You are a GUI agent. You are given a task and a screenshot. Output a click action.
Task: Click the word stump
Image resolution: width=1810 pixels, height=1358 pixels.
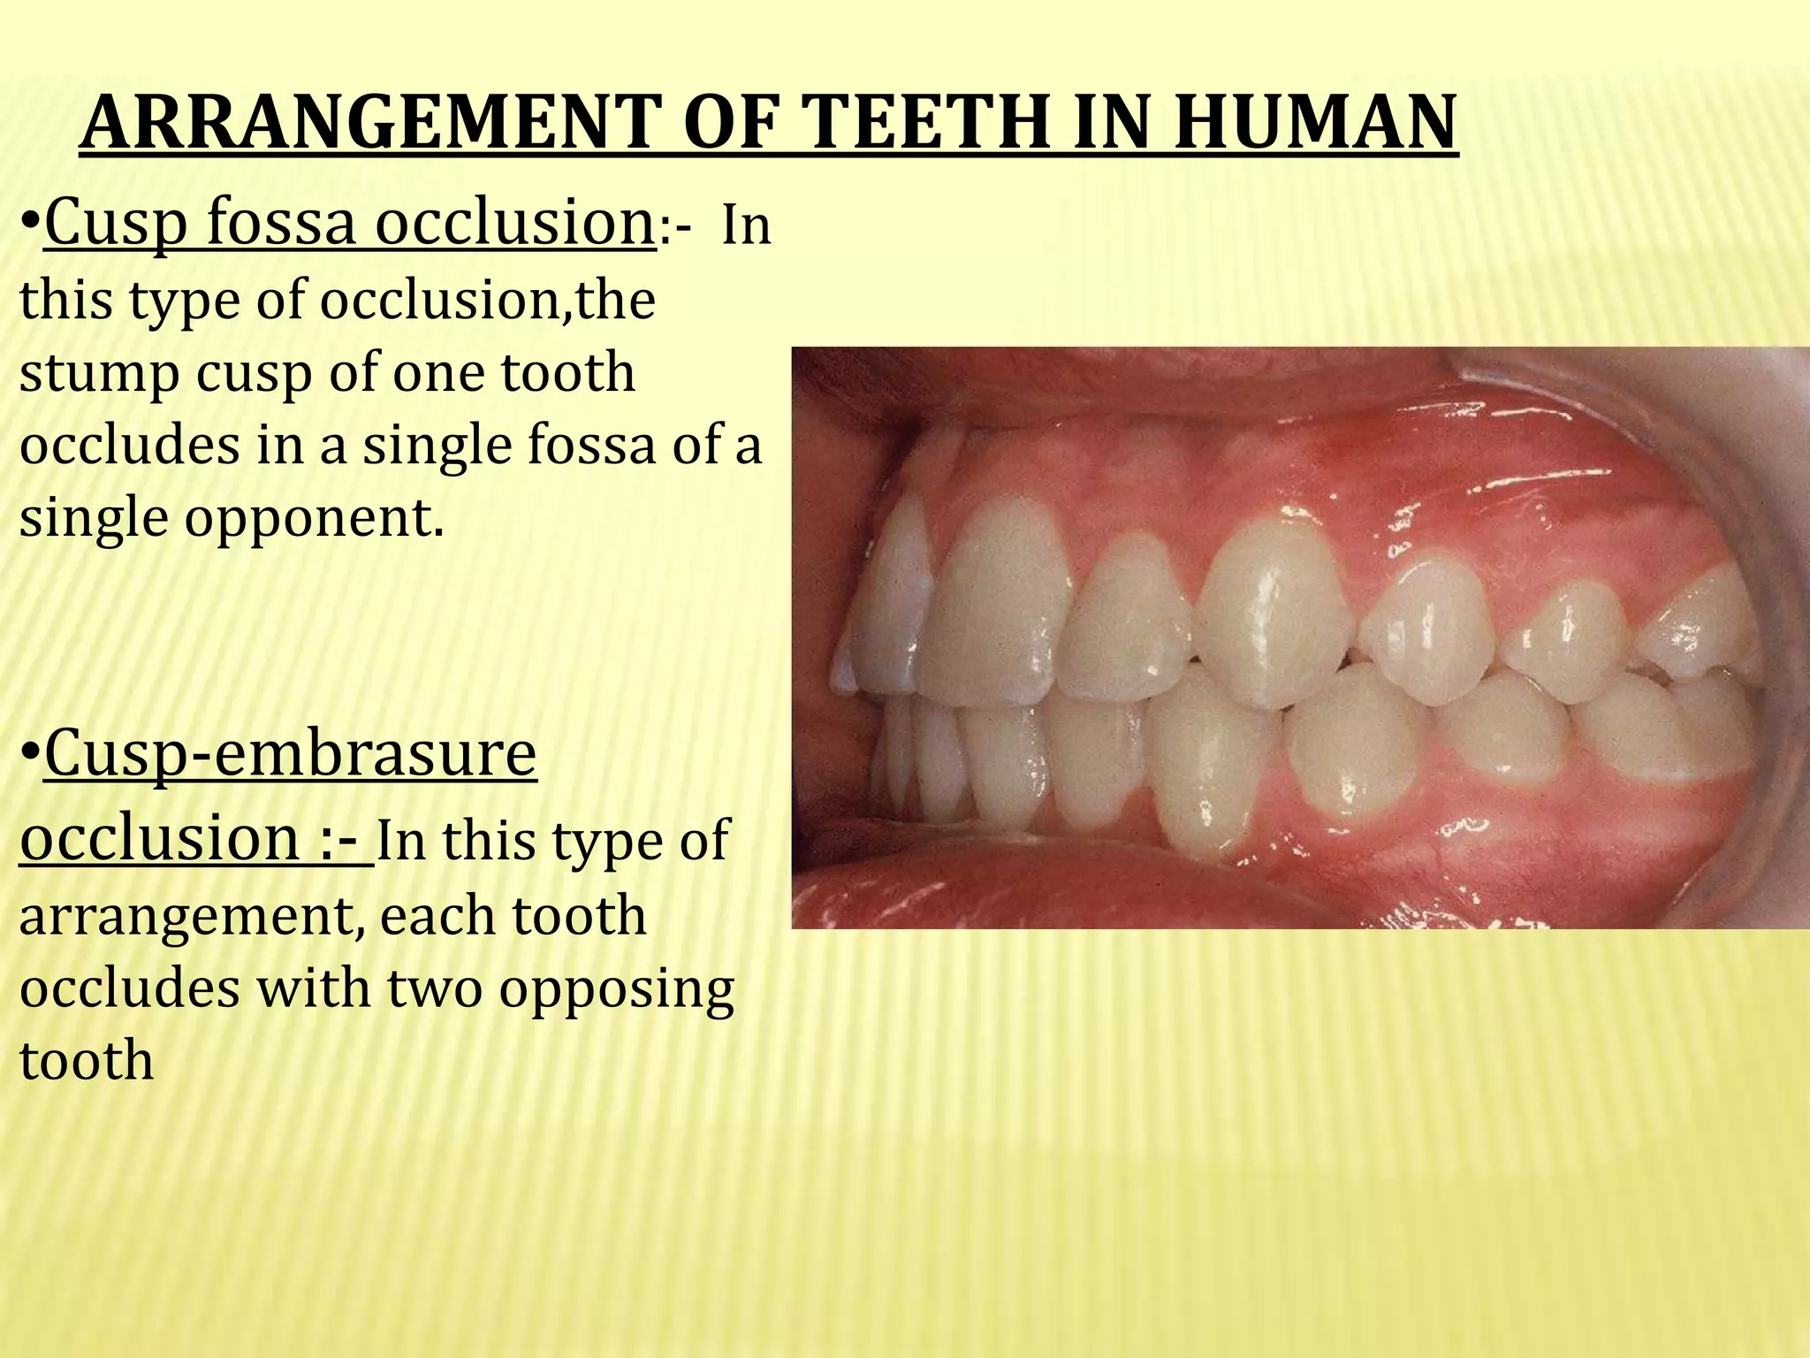(97, 375)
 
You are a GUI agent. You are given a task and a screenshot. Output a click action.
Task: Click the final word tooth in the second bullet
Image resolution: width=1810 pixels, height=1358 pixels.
(86, 1060)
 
